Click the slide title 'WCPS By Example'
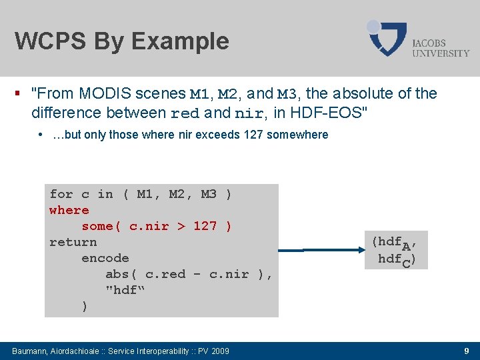121,41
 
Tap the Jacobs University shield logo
388,39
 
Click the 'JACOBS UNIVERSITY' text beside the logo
441,47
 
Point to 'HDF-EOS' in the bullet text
330,112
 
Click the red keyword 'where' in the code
69,210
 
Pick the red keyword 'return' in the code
73,242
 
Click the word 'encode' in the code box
105,258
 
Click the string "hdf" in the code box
125,290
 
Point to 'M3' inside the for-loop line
209,194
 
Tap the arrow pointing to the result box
320,250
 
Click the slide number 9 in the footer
466,351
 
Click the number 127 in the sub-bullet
253,135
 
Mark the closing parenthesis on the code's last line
84,306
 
